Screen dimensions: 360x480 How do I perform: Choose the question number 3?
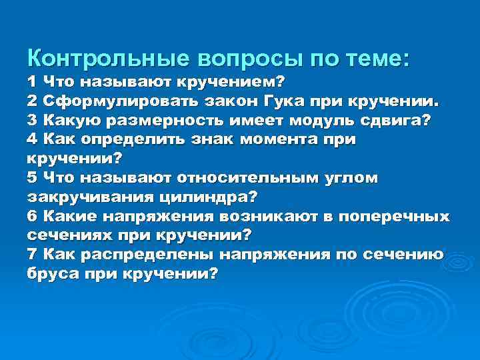(32, 121)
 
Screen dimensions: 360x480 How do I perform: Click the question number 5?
(32, 179)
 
